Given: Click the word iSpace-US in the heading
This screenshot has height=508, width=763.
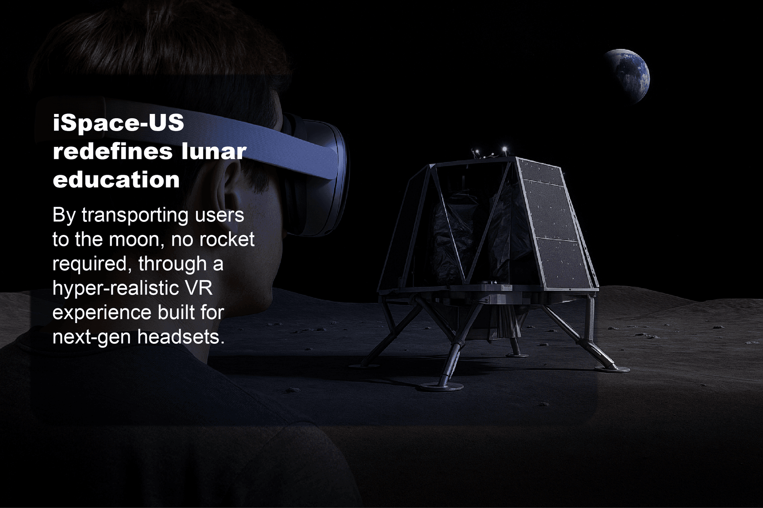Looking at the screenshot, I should pyautogui.click(x=118, y=123).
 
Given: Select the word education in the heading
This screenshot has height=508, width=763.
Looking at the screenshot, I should pyautogui.click(x=116, y=180).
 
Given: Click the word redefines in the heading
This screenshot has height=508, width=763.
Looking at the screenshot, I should pyautogui.click(x=112, y=152).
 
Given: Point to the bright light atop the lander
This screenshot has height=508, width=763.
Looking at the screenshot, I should pyautogui.click(x=505, y=149).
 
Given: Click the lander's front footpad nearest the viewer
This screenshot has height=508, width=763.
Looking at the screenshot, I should pyautogui.click(x=441, y=386).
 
